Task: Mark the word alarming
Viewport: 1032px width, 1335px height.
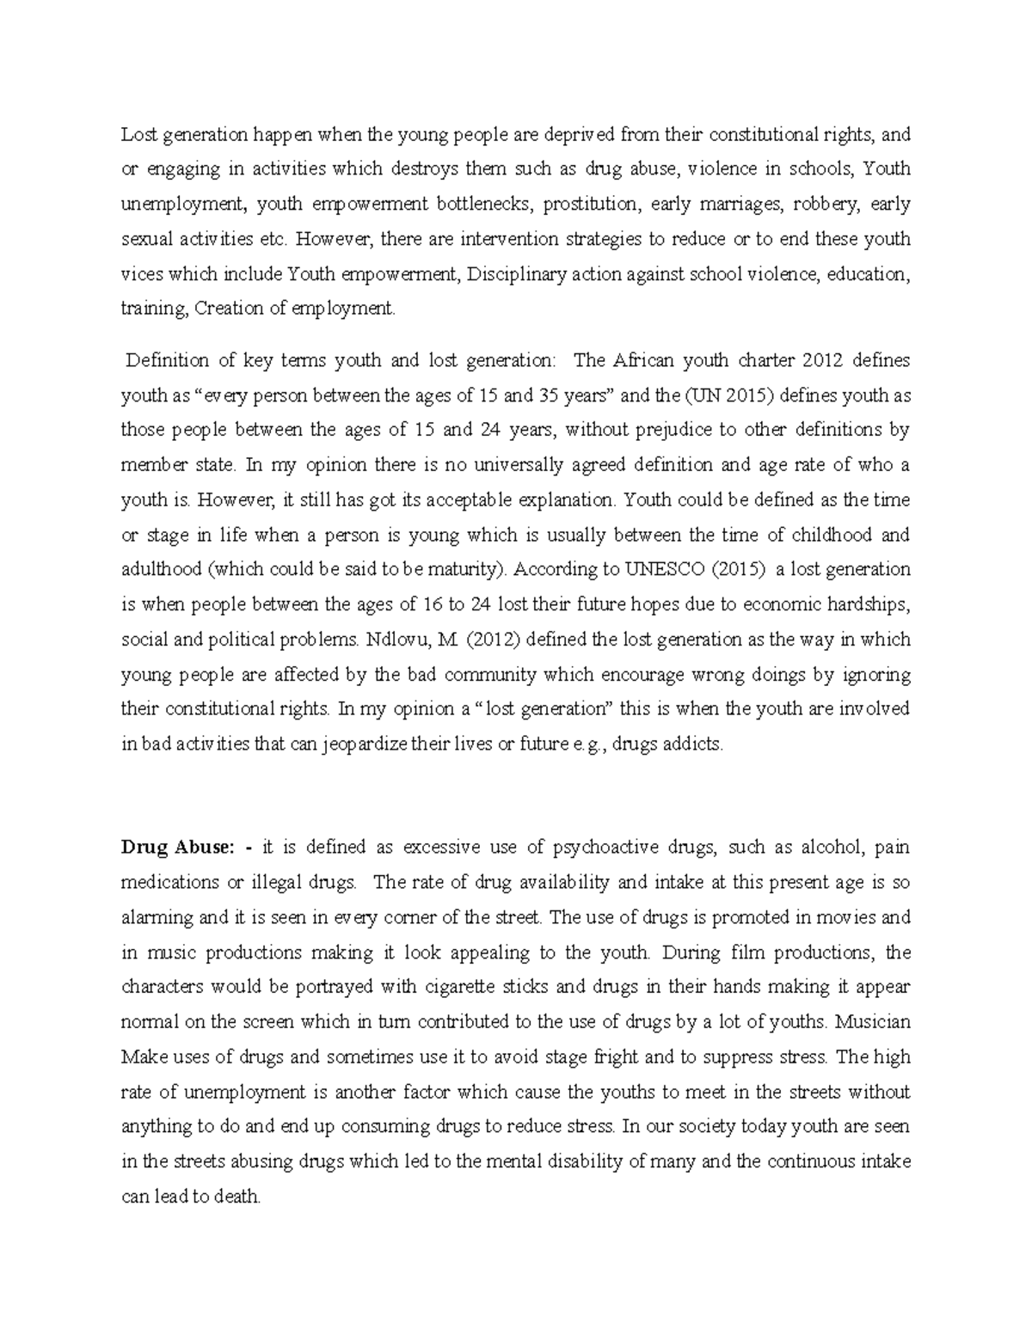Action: (x=157, y=917)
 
